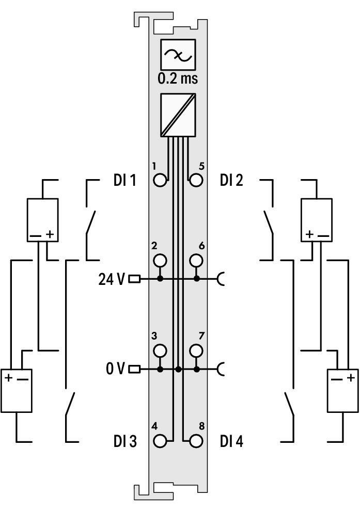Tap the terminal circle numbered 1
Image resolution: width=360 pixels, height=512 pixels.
pyautogui.click(x=161, y=180)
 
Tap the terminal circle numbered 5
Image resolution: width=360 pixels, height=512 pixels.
pyautogui.click(x=196, y=180)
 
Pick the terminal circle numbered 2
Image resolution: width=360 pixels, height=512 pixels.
pyautogui.click(x=161, y=260)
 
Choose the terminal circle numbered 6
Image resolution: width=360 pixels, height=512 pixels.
pyautogui.click(x=196, y=260)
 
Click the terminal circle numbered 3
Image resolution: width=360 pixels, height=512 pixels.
pyautogui.click(x=161, y=351)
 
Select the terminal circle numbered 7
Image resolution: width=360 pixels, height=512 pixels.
pyautogui.click(x=196, y=351)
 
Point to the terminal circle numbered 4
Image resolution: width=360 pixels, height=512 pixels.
pyautogui.click(x=161, y=441)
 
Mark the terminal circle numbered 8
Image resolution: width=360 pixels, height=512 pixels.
pyautogui.click(x=196, y=441)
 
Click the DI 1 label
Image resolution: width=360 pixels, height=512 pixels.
pyautogui.click(x=124, y=180)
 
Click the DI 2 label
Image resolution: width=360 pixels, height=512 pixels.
pyautogui.click(x=231, y=180)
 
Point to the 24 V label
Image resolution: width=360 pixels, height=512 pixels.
pyautogui.click(x=111, y=279)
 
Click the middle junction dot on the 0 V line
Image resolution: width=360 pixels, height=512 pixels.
pyautogui.click(x=178, y=370)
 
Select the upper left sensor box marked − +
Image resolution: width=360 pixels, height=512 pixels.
pyautogui.click(x=42, y=220)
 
